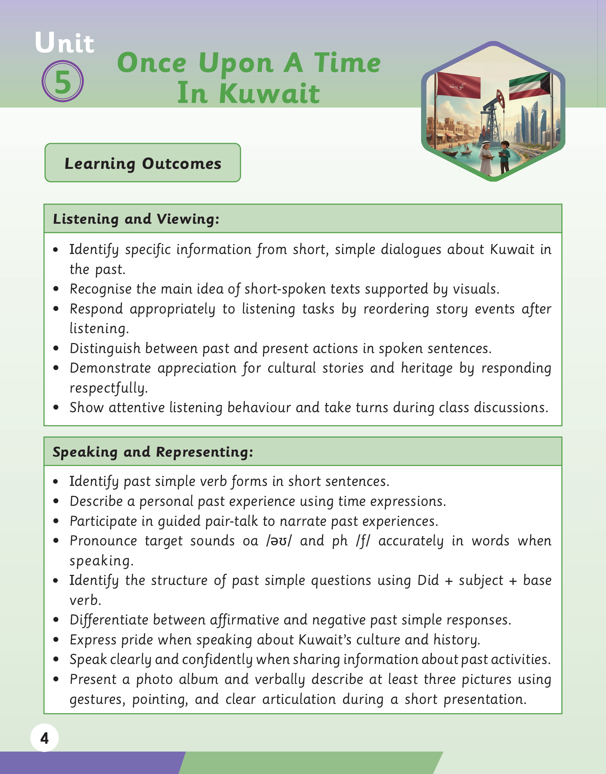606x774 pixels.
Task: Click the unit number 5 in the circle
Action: click(63, 82)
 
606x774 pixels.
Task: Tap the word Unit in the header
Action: click(64, 43)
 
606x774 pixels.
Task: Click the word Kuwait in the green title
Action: click(269, 93)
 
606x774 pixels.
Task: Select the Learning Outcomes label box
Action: click(143, 163)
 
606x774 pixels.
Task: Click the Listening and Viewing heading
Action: click(136, 219)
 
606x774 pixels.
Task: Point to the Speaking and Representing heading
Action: click(153, 452)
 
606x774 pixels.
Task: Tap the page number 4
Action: click(45, 738)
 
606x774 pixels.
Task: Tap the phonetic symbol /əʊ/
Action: click(279, 541)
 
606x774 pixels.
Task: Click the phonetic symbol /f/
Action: click(363, 541)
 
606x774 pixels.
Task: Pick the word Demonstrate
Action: click(110, 368)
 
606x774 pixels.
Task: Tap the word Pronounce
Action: click(103, 541)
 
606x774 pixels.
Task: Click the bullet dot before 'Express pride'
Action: click(56, 640)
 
